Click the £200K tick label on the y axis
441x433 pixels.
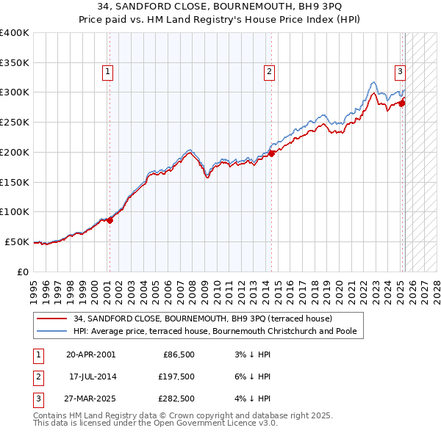[15, 152]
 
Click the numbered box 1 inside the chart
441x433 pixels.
[108, 72]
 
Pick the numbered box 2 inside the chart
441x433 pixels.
[270, 72]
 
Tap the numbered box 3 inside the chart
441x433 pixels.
[401, 72]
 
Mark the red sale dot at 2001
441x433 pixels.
[110, 219]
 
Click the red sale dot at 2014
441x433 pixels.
[272, 153]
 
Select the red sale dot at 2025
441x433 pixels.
[403, 103]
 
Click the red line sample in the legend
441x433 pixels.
[51, 319]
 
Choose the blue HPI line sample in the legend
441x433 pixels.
[51, 331]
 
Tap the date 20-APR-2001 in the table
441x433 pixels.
[90, 354]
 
